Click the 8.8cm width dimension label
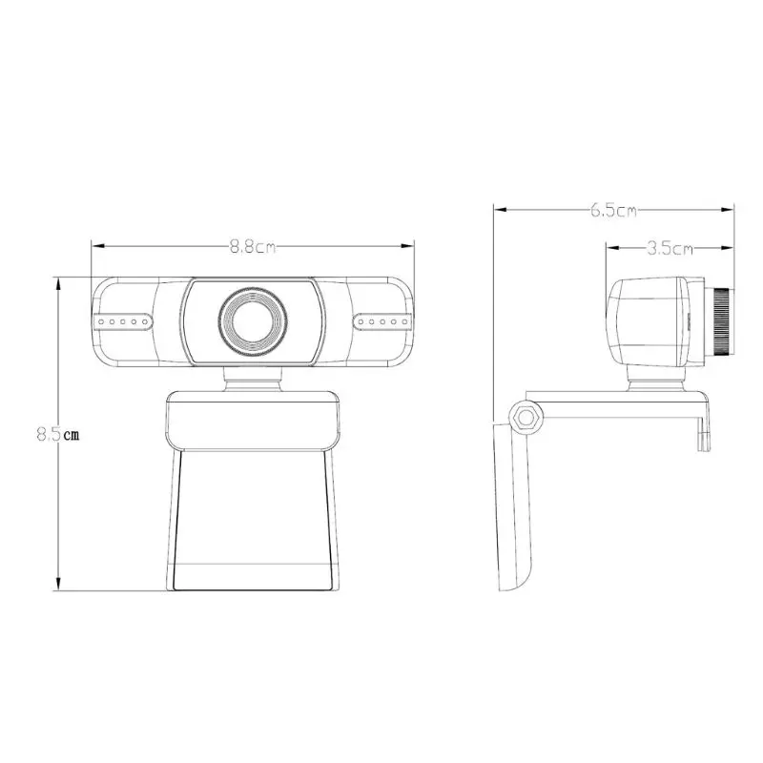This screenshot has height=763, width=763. [252, 247]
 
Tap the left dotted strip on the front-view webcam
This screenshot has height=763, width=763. [122, 321]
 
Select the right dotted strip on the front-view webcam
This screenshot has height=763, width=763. [382, 321]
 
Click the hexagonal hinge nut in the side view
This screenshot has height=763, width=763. [525, 417]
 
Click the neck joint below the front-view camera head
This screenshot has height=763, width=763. [253, 379]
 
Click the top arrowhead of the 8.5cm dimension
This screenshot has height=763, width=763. [60, 281]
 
